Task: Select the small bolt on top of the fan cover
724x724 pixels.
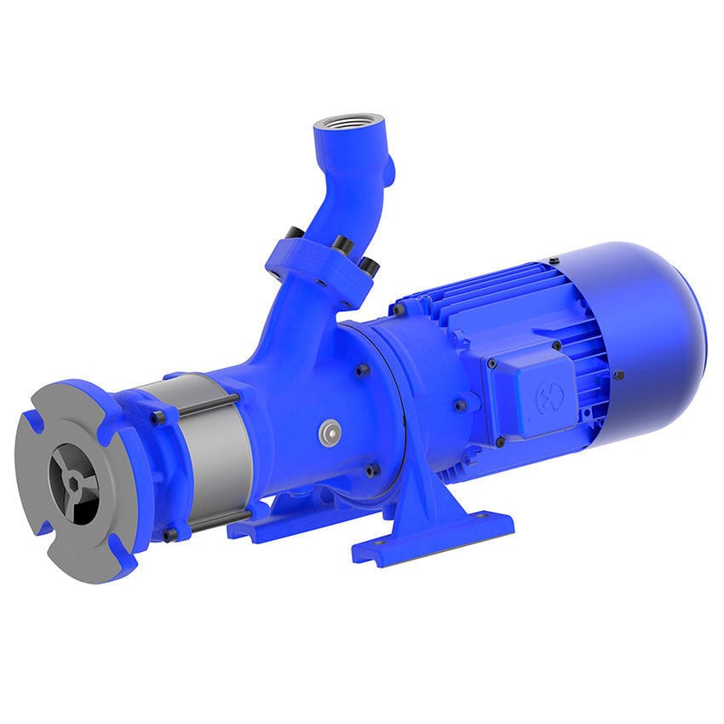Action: click(x=554, y=260)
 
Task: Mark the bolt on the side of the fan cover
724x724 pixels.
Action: click(x=619, y=375)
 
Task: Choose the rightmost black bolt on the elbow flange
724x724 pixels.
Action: click(x=370, y=267)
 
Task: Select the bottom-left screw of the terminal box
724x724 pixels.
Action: click(x=500, y=442)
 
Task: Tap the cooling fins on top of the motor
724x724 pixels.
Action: click(x=477, y=290)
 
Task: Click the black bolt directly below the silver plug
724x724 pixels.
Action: click(x=371, y=470)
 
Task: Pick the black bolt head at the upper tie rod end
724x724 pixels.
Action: click(x=158, y=417)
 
